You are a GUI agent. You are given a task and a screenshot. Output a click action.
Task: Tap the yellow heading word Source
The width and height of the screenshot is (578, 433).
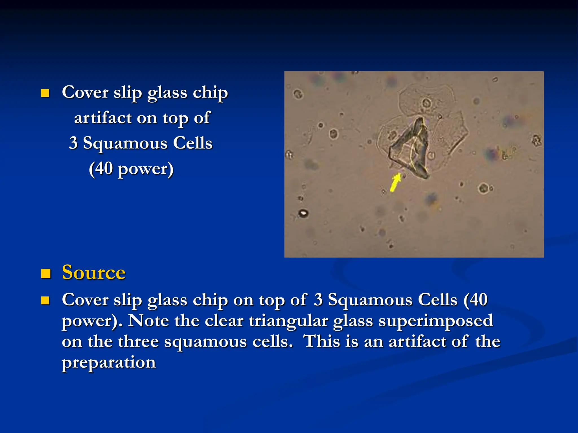coord(93,273)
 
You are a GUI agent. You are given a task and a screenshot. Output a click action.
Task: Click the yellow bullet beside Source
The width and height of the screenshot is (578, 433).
coord(46,273)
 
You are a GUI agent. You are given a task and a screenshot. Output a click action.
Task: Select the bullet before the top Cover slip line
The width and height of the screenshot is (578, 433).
coord(45,93)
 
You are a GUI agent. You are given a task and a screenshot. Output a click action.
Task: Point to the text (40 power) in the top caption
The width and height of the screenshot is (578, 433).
coord(131,169)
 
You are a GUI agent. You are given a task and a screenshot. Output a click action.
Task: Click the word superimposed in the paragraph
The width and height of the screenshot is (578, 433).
coord(435,321)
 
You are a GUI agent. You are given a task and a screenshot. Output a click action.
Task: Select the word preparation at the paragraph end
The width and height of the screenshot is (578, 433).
coord(109,363)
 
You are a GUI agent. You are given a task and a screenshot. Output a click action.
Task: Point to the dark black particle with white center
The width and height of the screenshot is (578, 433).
coord(303,213)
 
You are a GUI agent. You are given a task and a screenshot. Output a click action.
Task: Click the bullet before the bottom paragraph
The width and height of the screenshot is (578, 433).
coord(45,301)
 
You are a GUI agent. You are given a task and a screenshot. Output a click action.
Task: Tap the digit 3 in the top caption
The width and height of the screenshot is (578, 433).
coord(73,143)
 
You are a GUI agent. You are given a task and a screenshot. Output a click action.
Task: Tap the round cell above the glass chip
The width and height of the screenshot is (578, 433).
coord(426,103)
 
